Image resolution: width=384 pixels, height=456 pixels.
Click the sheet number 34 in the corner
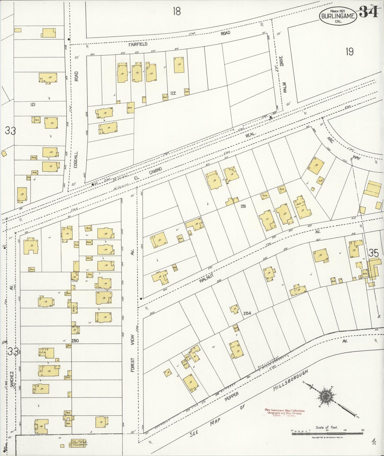pos(369,12)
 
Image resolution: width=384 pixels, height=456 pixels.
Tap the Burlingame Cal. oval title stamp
pos(338,16)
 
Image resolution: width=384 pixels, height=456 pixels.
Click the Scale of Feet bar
pos(327,434)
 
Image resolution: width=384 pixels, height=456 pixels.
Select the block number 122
pos(173,93)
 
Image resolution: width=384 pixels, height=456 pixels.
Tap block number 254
pos(247,313)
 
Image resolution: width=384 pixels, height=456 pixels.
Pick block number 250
pos(75,340)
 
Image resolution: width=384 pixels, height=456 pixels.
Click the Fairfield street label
pos(138,44)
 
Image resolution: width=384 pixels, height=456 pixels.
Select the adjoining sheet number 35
pos(374,253)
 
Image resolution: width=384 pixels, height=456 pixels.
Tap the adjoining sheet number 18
pos(176,11)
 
